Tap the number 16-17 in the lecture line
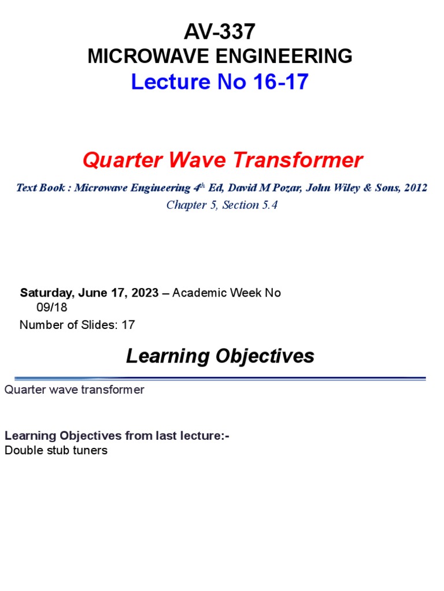[x=280, y=83]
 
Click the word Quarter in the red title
[x=116, y=160]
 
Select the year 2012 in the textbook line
[x=416, y=188]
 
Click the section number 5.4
[x=268, y=205]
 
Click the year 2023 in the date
[x=144, y=293]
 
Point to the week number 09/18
[x=52, y=308]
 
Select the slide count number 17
[x=128, y=325]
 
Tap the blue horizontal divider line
[x=220, y=379]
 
